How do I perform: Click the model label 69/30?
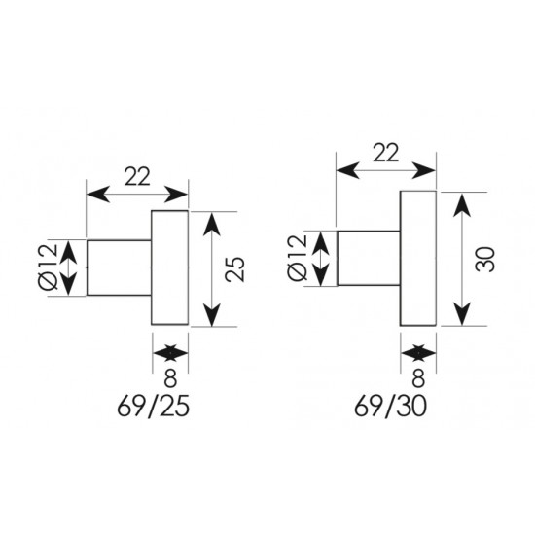click(x=390, y=407)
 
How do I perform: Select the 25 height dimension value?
click(x=235, y=269)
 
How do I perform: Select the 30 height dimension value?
click(x=484, y=260)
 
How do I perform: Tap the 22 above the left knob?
click(x=137, y=177)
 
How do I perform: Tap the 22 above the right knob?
click(x=386, y=153)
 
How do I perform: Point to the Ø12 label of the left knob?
click(x=49, y=267)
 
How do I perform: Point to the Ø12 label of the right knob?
click(x=298, y=259)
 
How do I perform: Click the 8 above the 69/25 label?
click(x=170, y=378)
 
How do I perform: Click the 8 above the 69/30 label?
click(x=418, y=378)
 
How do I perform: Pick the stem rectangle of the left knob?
click(x=119, y=267)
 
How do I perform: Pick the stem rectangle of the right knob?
click(x=369, y=258)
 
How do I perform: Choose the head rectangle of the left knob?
click(x=170, y=267)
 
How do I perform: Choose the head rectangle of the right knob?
click(x=418, y=259)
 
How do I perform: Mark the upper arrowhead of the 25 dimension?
click(x=211, y=224)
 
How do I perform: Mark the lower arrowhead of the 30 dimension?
click(x=462, y=313)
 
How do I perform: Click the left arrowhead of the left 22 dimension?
click(x=98, y=195)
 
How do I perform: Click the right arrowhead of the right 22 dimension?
click(x=424, y=170)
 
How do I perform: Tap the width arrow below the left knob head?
click(x=170, y=353)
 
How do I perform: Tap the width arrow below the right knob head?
click(x=418, y=353)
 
